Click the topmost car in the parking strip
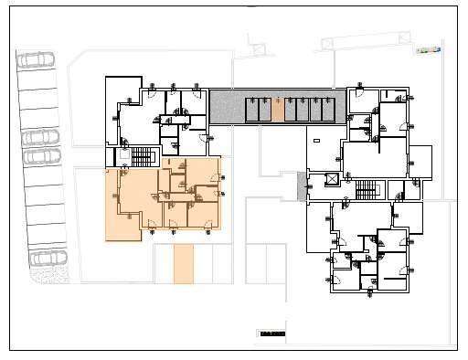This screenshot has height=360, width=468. point(36,60)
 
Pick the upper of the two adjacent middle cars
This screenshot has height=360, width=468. point(40,137)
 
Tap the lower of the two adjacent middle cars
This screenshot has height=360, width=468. point(40,156)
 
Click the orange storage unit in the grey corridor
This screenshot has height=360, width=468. point(278,110)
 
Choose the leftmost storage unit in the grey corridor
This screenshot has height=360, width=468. point(251,110)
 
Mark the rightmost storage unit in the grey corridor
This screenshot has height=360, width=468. point(328,110)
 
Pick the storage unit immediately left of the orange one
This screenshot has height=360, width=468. point(264,110)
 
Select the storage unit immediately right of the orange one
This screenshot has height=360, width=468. point(291,110)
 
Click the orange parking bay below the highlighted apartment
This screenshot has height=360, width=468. point(185,264)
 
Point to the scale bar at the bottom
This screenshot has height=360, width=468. point(272,334)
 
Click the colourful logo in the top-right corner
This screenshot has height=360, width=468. point(429,50)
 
